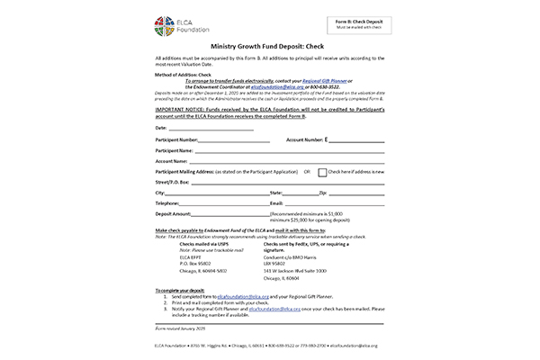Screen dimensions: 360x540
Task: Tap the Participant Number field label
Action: (176, 140)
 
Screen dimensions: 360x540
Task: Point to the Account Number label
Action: (305, 140)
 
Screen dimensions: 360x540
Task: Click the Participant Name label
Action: (175, 150)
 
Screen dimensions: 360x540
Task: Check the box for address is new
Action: (322, 171)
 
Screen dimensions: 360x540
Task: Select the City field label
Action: (160, 193)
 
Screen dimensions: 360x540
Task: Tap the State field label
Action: (276, 193)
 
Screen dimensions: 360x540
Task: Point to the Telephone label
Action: (168, 203)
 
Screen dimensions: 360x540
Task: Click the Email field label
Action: (277, 203)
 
